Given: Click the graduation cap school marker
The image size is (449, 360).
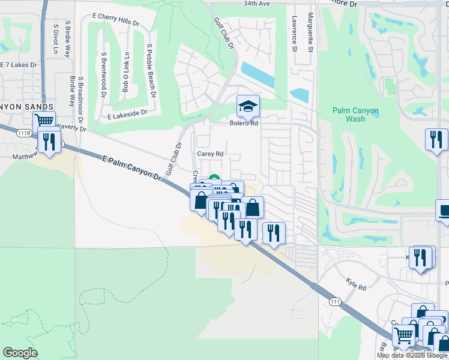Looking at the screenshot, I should pyautogui.click(x=248, y=107).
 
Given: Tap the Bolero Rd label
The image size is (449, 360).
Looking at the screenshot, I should pyautogui.click(x=244, y=123).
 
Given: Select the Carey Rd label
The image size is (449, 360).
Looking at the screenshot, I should pyautogui.click(x=210, y=154).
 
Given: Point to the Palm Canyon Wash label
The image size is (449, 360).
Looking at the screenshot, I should pyautogui.click(x=356, y=115).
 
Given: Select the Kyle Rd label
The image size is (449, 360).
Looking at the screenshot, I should pyautogui.click(x=356, y=284).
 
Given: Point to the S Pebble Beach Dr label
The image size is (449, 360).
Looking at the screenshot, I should pyautogui.click(x=151, y=70).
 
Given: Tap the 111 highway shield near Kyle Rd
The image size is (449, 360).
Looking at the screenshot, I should pyautogui.click(x=335, y=301).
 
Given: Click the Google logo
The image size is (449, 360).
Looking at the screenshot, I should pyautogui.click(x=20, y=353).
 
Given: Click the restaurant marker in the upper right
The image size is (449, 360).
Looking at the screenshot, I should pyautogui.click(x=436, y=140).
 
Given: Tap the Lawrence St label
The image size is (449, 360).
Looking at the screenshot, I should pyautogui.click(x=295, y=34).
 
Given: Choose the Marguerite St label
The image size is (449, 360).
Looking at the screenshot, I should pyautogui.click(x=310, y=33).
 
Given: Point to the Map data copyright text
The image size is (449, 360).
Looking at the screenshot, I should pyautogui.click(x=412, y=355).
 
